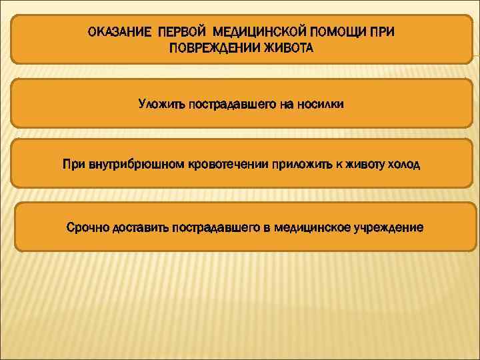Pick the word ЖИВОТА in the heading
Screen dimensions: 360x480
click(285, 49)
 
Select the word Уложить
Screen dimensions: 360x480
click(161, 104)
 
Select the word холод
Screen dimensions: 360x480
click(405, 164)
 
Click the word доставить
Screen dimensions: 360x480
click(140, 228)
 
